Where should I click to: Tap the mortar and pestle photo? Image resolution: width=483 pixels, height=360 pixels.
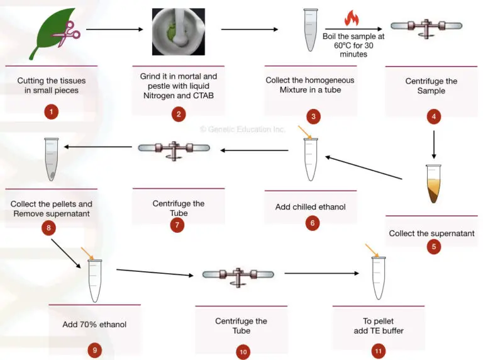click(178, 31)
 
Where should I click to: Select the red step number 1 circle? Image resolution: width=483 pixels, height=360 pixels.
click(52, 113)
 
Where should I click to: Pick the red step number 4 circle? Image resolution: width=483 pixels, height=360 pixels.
click(432, 116)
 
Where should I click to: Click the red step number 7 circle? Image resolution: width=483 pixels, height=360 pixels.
click(177, 225)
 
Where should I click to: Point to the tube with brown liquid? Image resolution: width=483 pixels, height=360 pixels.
click(433, 184)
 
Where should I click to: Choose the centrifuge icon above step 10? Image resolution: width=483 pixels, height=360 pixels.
click(238, 276)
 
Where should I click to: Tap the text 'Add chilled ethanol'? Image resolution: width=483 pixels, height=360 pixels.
click(310, 206)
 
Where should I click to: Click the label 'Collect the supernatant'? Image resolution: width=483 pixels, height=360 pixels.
click(431, 233)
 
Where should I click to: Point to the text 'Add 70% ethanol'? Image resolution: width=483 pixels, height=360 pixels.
click(94, 325)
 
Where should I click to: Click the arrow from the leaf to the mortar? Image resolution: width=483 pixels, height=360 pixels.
click(114, 30)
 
